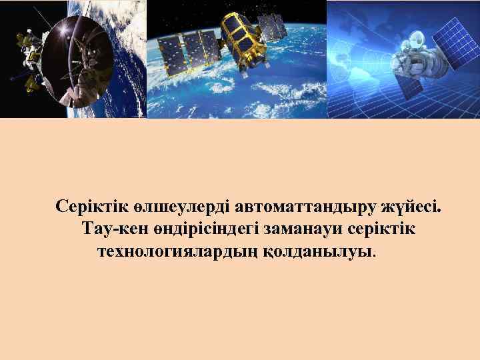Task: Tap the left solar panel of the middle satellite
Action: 173,53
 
